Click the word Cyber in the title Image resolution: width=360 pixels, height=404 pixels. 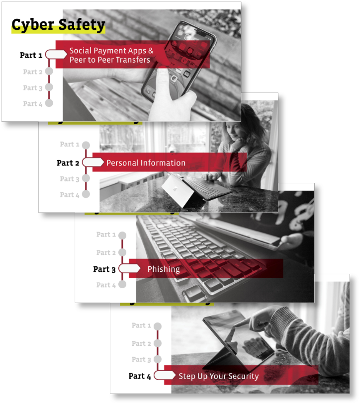[x=33, y=25]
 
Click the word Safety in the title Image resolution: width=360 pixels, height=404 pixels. [x=82, y=25]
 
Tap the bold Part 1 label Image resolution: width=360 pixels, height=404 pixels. [x=31, y=55]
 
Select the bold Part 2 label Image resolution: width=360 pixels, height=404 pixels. [x=68, y=163]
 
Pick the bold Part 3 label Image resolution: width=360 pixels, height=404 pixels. [x=104, y=269]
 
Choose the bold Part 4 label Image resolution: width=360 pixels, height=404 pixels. [x=140, y=376]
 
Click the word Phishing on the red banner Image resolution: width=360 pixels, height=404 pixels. [x=164, y=269]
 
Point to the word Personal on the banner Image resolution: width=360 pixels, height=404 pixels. [x=122, y=163]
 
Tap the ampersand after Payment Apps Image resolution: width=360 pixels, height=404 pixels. [x=151, y=51]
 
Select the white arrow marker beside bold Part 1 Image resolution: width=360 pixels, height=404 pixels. [x=56, y=54]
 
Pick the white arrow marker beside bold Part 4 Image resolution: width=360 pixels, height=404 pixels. [x=165, y=375]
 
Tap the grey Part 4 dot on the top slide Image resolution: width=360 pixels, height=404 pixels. [x=49, y=103]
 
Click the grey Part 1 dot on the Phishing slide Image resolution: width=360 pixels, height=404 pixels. [x=122, y=235]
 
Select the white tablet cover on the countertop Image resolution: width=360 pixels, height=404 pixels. [x=178, y=190]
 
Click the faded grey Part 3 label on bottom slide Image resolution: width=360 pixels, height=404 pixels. [x=141, y=359]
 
